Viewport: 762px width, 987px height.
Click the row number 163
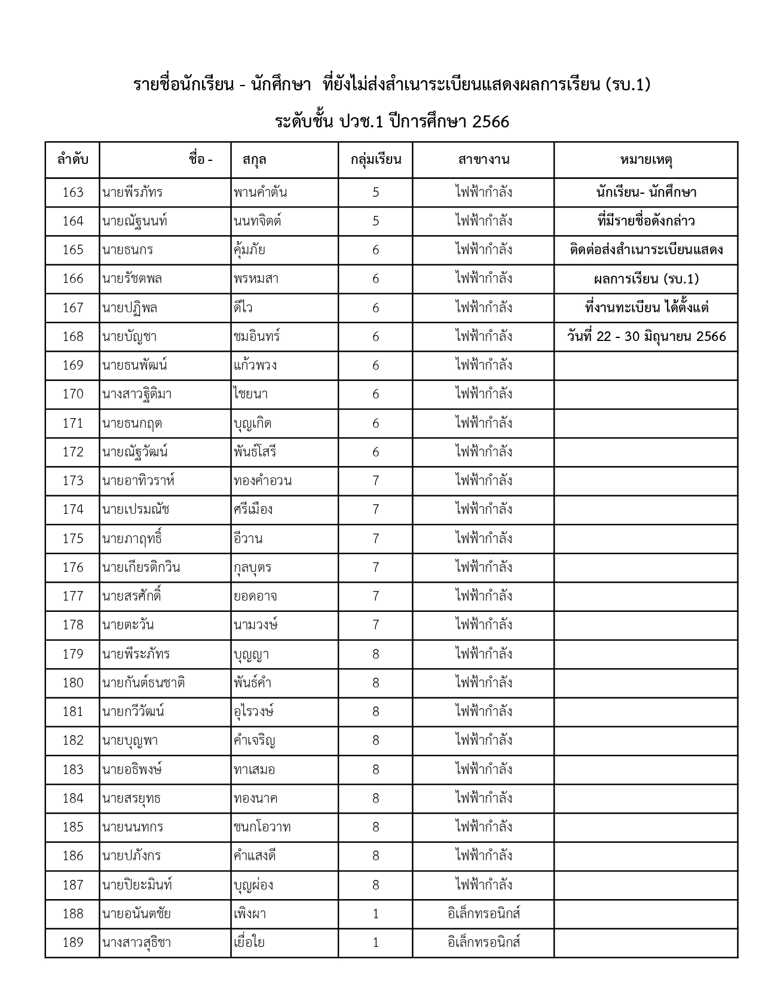click(x=73, y=193)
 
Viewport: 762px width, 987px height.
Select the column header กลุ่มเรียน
click(x=375, y=160)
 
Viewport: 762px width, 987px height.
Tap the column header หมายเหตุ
click(x=646, y=160)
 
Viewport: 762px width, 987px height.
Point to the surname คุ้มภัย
click(x=250, y=250)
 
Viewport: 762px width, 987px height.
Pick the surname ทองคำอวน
click(x=263, y=481)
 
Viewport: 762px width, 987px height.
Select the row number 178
click(x=73, y=625)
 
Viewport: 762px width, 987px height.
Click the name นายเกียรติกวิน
click(x=141, y=567)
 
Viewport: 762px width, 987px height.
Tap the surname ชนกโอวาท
click(x=262, y=827)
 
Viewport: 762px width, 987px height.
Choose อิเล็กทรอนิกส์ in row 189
click(x=483, y=943)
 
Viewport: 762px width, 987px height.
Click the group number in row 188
click(x=375, y=914)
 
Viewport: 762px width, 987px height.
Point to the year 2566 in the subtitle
click(x=490, y=122)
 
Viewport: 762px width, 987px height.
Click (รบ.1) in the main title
click(x=628, y=85)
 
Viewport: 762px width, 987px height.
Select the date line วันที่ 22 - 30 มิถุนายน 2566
click(x=646, y=337)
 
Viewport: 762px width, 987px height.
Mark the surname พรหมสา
click(x=256, y=279)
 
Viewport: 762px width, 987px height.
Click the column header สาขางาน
click(x=483, y=160)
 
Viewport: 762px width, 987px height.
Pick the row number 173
click(x=73, y=481)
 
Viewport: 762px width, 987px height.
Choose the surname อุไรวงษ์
click(x=254, y=712)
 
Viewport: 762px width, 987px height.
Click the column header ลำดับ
click(x=73, y=160)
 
